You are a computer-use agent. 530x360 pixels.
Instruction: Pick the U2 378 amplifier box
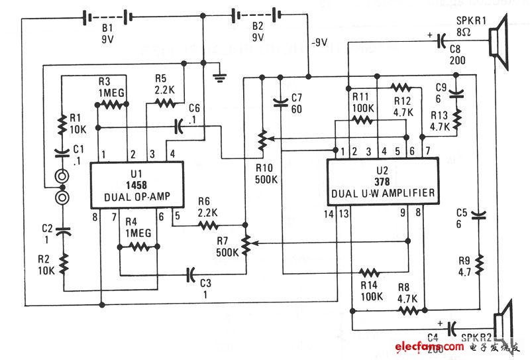pyautogui.click(x=384, y=182)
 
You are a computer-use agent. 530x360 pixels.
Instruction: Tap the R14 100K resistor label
pyautogui.click(x=368, y=289)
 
